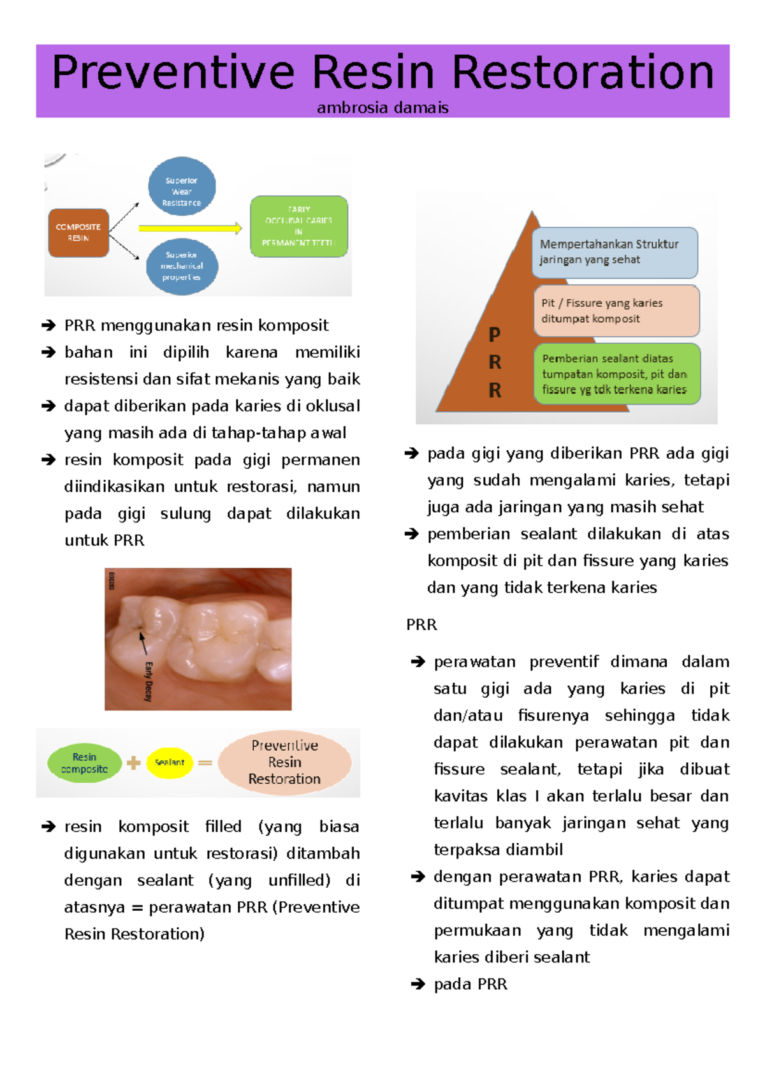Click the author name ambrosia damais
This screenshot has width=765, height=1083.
pyautogui.click(x=382, y=108)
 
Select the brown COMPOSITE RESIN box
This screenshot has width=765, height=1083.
pyautogui.click(x=78, y=233)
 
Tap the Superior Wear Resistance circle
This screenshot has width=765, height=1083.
pyautogui.click(x=182, y=186)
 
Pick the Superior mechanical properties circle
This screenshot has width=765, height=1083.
pyautogui.click(x=182, y=266)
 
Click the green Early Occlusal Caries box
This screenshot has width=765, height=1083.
pyautogui.click(x=299, y=226)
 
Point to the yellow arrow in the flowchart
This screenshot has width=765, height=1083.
pyautogui.click(x=190, y=228)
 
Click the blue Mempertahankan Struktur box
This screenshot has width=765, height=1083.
pyautogui.click(x=615, y=253)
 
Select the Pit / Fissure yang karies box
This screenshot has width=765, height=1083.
pyautogui.click(x=616, y=311)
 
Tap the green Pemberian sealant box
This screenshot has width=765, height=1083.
pyautogui.click(x=616, y=374)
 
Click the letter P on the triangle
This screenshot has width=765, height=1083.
pyautogui.click(x=494, y=334)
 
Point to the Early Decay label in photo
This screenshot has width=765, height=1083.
pyautogui.click(x=149, y=681)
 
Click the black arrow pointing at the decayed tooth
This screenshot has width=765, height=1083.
pyautogui.click(x=143, y=643)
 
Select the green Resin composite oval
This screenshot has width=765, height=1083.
pyautogui.click(x=85, y=763)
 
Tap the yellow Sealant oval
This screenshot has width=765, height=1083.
pyautogui.click(x=170, y=763)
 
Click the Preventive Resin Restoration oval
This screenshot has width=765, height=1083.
pyautogui.click(x=284, y=762)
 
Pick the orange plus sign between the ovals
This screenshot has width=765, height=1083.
pyautogui.click(x=133, y=763)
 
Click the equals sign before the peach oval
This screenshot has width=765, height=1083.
pyautogui.click(x=205, y=763)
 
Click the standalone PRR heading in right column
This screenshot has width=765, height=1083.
pyautogui.click(x=421, y=625)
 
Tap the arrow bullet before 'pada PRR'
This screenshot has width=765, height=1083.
pyautogui.click(x=418, y=985)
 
